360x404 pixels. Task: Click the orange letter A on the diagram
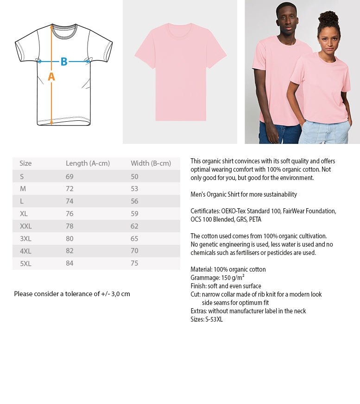(x=51, y=77)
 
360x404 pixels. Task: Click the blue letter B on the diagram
(x=64, y=62)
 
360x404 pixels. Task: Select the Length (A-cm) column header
(x=88, y=163)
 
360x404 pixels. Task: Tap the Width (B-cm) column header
(x=151, y=163)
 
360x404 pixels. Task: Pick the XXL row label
(x=26, y=226)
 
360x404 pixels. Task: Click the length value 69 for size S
(x=69, y=176)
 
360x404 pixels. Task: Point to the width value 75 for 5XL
(x=134, y=263)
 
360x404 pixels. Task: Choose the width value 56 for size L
(x=134, y=201)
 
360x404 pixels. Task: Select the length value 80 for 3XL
(x=69, y=239)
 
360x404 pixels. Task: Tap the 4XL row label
(x=25, y=251)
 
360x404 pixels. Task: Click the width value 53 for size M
(x=134, y=189)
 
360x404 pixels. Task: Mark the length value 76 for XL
(x=69, y=214)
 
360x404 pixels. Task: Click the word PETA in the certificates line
(x=255, y=219)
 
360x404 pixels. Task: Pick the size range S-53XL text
(x=214, y=319)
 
